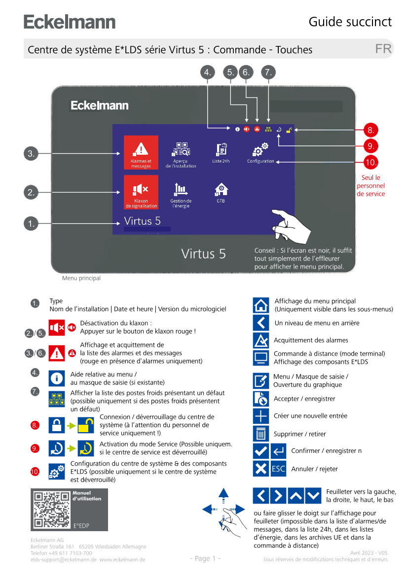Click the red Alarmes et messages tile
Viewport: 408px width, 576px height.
click(x=141, y=152)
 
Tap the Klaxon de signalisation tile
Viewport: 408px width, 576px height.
click(x=141, y=192)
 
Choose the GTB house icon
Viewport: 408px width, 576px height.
click(x=221, y=190)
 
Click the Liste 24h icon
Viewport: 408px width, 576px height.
click(x=221, y=150)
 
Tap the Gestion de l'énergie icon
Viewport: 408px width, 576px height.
click(x=181, y=190)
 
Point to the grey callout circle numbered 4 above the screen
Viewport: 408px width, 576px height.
click(x=208, y=72)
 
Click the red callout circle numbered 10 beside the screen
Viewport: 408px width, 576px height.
click(x=371, y=162)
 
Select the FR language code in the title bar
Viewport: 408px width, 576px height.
click(x=383, y=49)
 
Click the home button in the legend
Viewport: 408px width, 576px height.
click(x=261, y=305)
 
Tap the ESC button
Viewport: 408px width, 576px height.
click(x=278, y=469)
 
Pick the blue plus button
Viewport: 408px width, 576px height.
click(x=261, y=416)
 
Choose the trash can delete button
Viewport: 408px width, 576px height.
click(x=261, y=434)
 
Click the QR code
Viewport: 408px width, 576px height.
click(x=51, y=509)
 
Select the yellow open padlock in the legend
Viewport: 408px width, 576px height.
click(x=86, y=425)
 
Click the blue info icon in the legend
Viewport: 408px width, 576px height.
click(x=57, y=378)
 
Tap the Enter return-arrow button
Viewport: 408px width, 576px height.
click(x=278, y=451)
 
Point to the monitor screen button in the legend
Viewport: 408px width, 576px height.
click(x=261, y=358)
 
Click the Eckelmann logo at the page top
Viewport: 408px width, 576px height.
click(x=70, y=22)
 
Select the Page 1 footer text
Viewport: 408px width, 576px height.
click(x=205, y=558)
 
